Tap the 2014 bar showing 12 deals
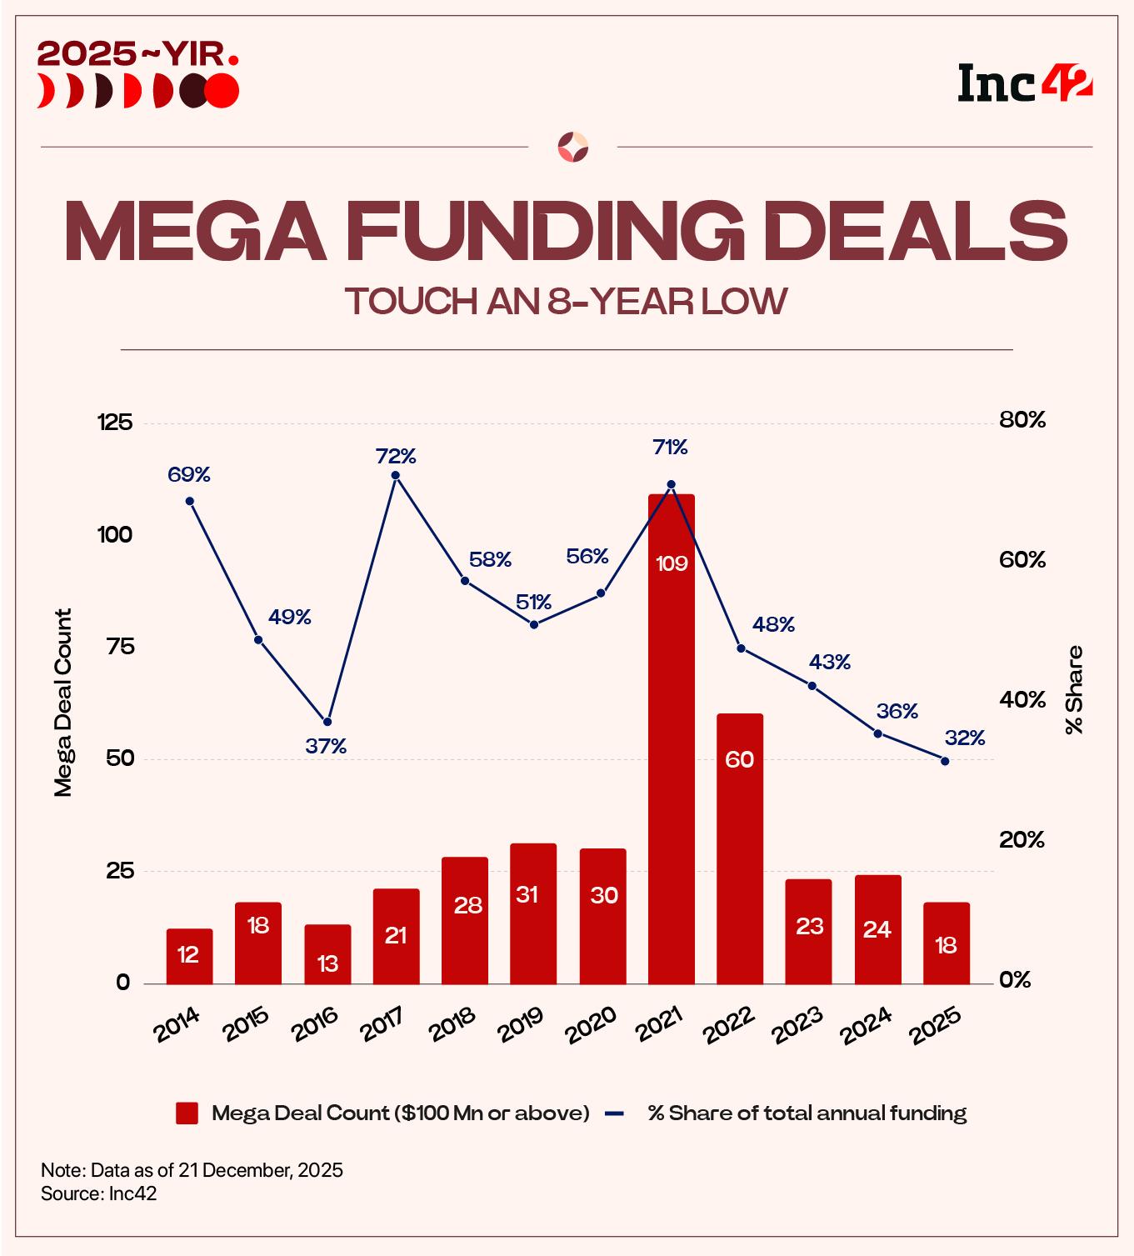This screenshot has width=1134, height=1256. (189, 956)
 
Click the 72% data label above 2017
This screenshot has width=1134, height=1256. (396, 456)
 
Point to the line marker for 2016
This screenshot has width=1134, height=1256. (327, 721)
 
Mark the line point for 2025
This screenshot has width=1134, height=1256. (945, 760)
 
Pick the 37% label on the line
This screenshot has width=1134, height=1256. (326, 747)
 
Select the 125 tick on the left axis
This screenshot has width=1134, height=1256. (115, 423)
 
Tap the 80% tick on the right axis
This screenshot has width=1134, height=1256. (1022, 420)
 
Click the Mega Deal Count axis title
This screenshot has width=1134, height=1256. (63, 703)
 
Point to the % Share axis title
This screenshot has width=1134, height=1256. (1074, 689)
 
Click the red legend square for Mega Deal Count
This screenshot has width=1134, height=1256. (187, 1113)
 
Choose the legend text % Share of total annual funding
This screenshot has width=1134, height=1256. (807, 1113)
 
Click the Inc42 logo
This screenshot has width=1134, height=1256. (1024, 83)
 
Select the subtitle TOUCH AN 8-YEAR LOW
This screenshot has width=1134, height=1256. (566, 301)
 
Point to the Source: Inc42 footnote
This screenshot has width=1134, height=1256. (99, 1193)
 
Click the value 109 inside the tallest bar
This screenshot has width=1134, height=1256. (672, 564)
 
